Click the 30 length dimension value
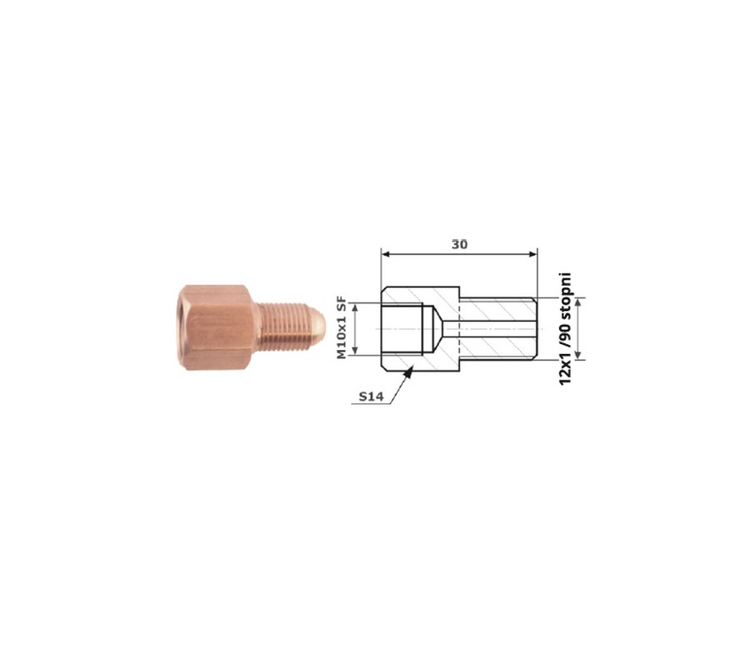coord(459,244)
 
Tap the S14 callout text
coord(371,397)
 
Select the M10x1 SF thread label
coord(341,328)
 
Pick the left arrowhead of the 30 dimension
coord(386,254)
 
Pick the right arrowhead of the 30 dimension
coord(532,254)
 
